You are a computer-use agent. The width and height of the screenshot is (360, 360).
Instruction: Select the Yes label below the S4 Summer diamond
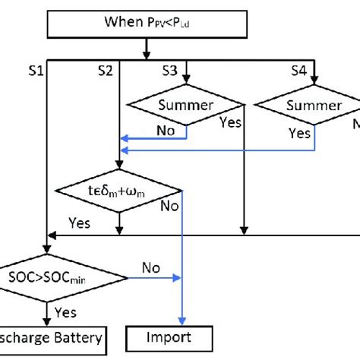tap(298, 134)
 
